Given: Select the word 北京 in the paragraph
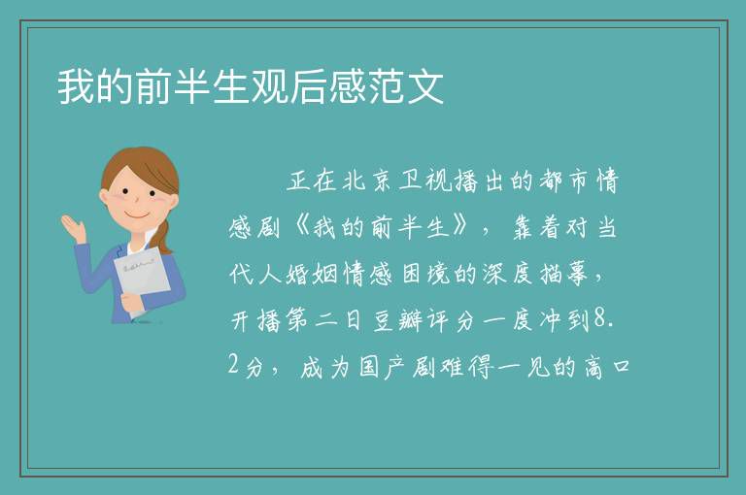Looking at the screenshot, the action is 367,181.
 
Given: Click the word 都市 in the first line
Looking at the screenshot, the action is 564,181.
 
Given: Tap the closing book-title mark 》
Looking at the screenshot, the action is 461,227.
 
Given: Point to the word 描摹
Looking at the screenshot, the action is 564,274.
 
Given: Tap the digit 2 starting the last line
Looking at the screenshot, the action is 233,365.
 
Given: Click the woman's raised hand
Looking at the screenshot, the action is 74,229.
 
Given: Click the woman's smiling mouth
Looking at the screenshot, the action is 138,214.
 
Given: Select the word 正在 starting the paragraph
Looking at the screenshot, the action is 312,181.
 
